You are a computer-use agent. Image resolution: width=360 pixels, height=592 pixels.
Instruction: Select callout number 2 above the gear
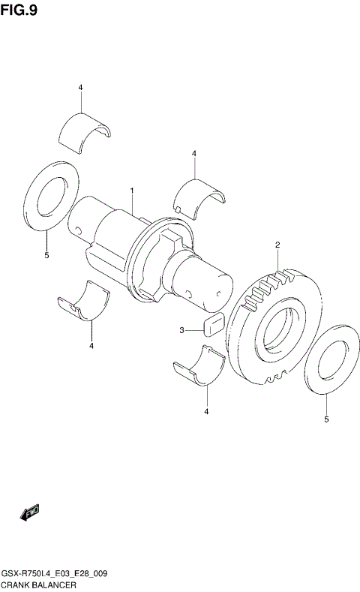277,245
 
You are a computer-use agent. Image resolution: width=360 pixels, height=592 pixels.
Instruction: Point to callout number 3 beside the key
181,329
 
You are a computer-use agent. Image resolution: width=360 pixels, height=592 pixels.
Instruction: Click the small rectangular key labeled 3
211,325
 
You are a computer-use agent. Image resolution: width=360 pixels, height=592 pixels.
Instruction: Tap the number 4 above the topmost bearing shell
80,88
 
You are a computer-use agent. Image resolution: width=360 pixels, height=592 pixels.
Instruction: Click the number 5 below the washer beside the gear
326,419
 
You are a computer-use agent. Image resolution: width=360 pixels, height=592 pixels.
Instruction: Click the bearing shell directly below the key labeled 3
199,366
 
